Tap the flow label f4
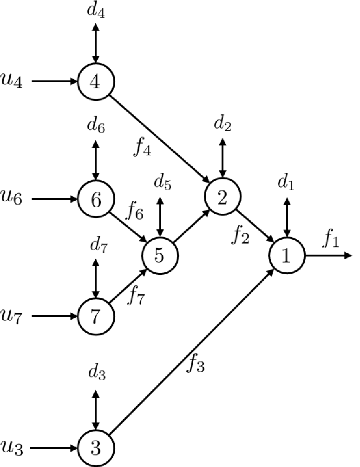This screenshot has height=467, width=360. [142, 147]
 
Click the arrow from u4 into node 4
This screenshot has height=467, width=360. [54, 81]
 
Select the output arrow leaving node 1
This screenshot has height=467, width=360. [329, 255]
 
